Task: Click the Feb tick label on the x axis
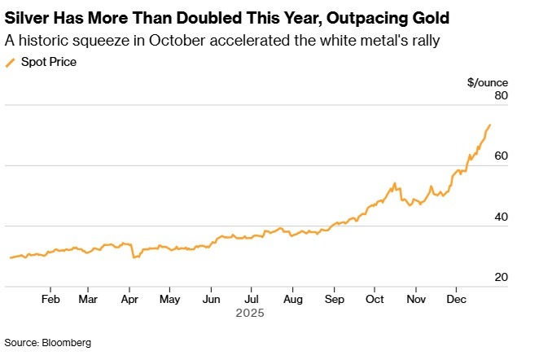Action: pos(50,299)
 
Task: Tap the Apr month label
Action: pos(129,299)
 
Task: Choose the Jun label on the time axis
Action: pos(210,299)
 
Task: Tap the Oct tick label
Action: pos(375,299)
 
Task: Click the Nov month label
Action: pos(415,299)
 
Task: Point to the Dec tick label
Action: pos(456,299)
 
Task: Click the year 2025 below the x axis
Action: pos(250,312)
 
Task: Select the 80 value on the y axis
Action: pos(501,96)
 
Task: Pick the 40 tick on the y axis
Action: pos(501,217)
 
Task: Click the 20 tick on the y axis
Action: pos(501,277)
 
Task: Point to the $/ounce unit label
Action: pos(488,82)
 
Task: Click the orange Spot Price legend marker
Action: pos(10,62)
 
